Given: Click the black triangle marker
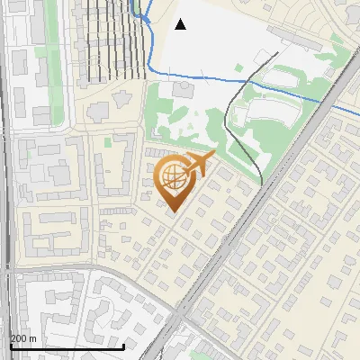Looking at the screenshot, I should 180,24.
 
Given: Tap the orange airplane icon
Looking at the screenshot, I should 199,164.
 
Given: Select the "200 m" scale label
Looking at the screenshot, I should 23,337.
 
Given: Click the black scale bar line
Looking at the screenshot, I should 67,346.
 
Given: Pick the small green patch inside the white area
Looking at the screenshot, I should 238,67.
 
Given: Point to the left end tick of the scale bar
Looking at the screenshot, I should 10,346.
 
